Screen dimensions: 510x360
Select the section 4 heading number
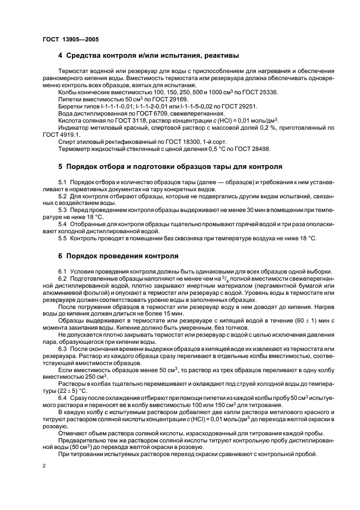[x=60, y=56]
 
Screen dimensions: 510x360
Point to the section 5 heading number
[x=60, y=166]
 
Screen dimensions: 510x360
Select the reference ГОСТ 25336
[x=259, y=93]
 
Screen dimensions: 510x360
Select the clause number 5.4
[x=62, y=224]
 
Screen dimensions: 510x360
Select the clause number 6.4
[x=62, y=398]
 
